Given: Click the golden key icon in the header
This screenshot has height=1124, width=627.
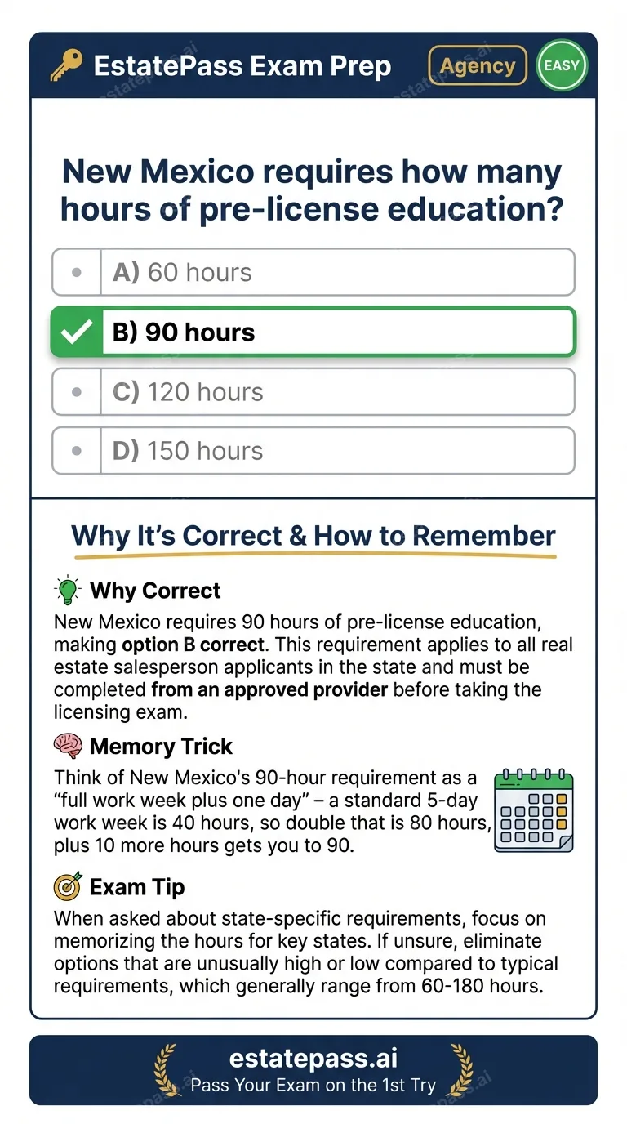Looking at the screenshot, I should [66, 66].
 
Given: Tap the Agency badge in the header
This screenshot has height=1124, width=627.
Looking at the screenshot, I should [478, 66].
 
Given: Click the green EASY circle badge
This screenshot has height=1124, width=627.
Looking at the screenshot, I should [562, 65].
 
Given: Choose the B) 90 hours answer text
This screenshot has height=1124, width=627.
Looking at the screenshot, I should [184, 332].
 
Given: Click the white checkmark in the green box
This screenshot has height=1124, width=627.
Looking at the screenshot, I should [77, 332].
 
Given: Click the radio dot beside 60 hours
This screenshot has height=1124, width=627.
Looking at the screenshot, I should [77, 272].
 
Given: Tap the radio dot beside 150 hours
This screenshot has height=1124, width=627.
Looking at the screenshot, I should [77, 451].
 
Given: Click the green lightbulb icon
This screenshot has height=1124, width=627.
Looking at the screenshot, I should [68, 590].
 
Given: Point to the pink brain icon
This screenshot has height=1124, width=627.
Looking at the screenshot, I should [68, 745].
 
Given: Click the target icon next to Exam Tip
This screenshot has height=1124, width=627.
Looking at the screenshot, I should [68, 886].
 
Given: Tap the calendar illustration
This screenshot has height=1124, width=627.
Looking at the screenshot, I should [535, 810].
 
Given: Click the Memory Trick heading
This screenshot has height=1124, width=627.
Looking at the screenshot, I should [161, 746].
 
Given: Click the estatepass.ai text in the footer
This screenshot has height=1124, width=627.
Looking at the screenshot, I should [313, 1059].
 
